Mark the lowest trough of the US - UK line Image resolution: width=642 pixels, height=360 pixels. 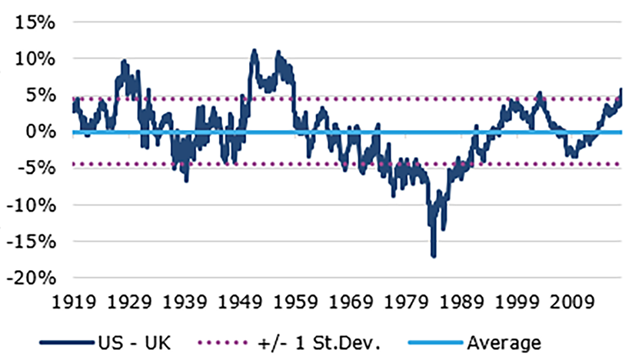(434, 256)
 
